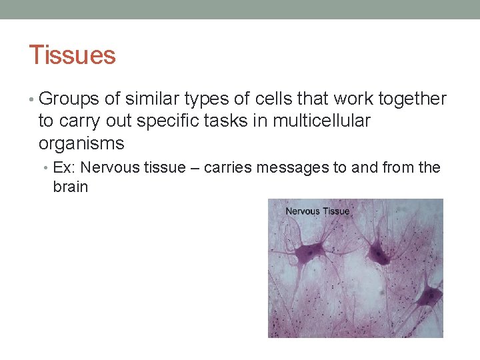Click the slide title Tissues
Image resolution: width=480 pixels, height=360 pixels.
pyautogui.click(x=72, y=55)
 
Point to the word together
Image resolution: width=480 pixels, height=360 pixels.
pyautogui.click(x=412, y=99)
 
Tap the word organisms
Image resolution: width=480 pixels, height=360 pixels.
pyautogui.click(x=81, y=143)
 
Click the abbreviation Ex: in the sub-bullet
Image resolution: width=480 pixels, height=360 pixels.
pyautogui.click(x=65, y=167)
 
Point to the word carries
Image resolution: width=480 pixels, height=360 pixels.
pyautogui.click(x=228, y=167)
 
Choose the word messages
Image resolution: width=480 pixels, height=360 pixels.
pyautogui.click(x=293, y=167)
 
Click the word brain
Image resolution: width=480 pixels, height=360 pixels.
pyautogui.click(x=70, y=187)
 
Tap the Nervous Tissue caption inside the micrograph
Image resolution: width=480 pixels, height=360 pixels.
pyautogui.click(x=317, y=211)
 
